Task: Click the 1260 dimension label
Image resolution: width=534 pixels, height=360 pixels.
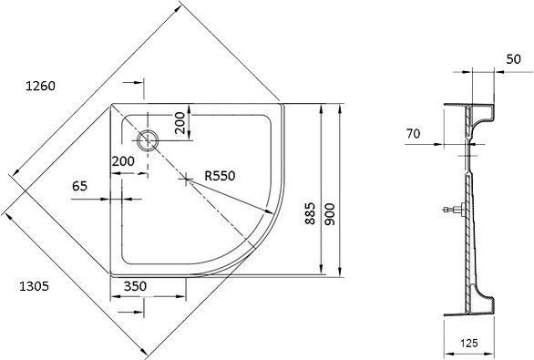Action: click(40, 86)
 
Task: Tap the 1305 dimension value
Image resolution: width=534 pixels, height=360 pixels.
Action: click(34, 286)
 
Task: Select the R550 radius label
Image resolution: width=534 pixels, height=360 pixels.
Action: click(220, 176)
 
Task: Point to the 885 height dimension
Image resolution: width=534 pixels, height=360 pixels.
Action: click(310, 213)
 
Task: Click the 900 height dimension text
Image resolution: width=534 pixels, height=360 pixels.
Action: click(330, 214)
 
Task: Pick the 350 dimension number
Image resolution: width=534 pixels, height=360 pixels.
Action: click(135, 286)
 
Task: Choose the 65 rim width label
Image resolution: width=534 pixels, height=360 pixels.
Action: click(79, 186)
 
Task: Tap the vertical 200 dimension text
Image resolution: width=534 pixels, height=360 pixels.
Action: click(180, 123)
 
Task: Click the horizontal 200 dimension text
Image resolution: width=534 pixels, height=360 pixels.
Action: click(123, 160)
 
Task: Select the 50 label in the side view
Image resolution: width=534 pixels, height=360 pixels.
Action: click(514, 59)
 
